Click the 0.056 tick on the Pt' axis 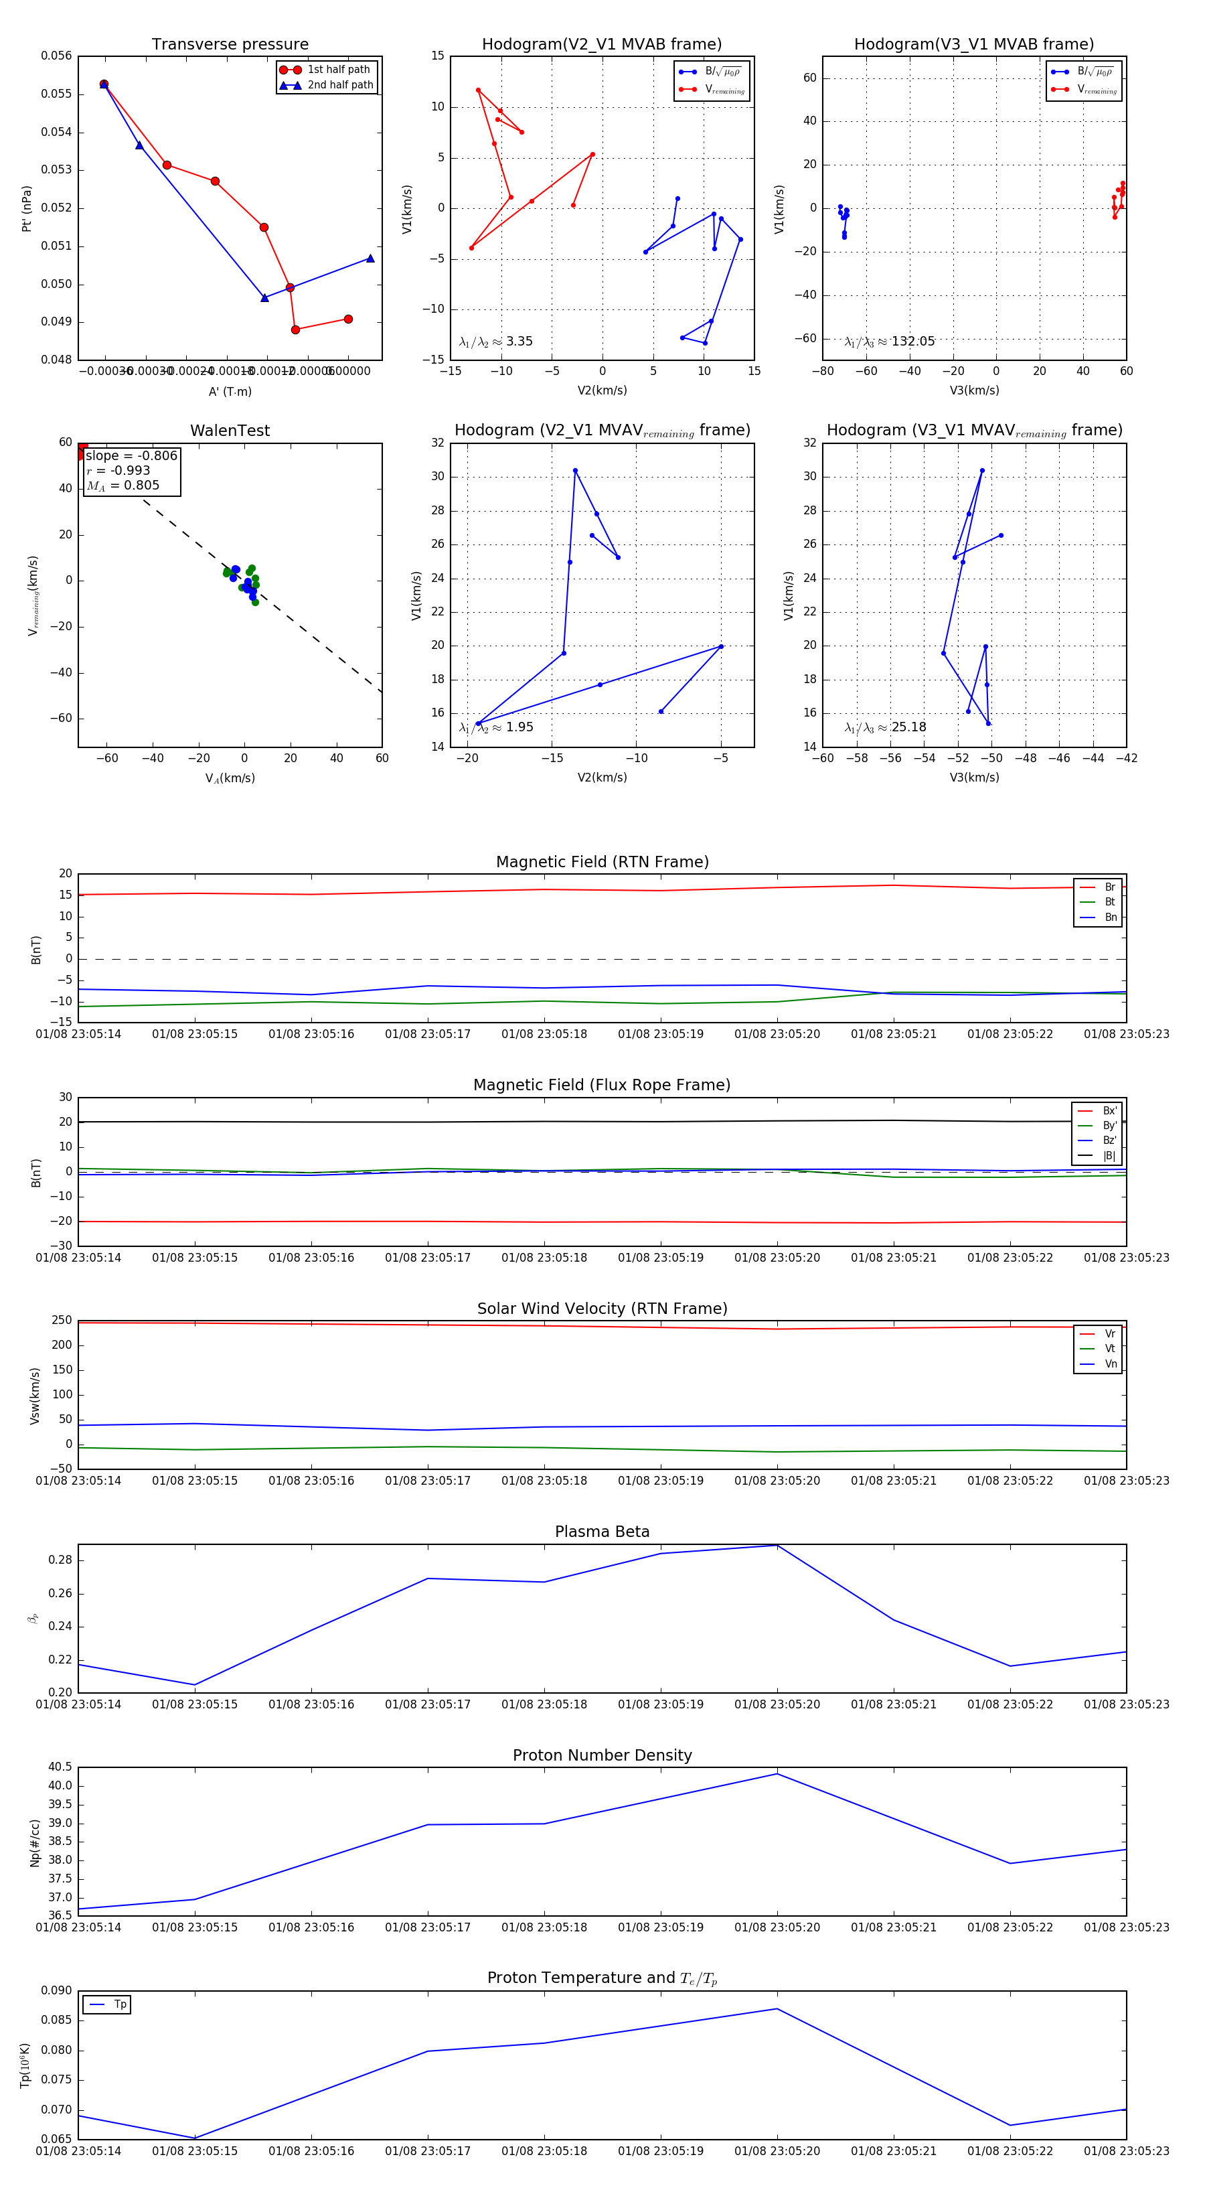pos(57,56)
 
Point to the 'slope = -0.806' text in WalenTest pos(131,455)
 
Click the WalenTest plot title pos(230,431)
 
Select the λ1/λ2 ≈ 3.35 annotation pos(495,342)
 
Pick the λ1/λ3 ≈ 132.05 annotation pos(890,342)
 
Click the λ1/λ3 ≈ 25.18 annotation pos(885,727)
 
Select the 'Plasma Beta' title pos(602,1532)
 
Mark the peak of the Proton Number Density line pos(777,1773)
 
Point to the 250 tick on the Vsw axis pos(62,1321)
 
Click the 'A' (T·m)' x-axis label pos(230,392)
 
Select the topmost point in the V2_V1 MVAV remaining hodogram pos(574,470)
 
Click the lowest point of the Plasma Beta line pos(195,1685)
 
